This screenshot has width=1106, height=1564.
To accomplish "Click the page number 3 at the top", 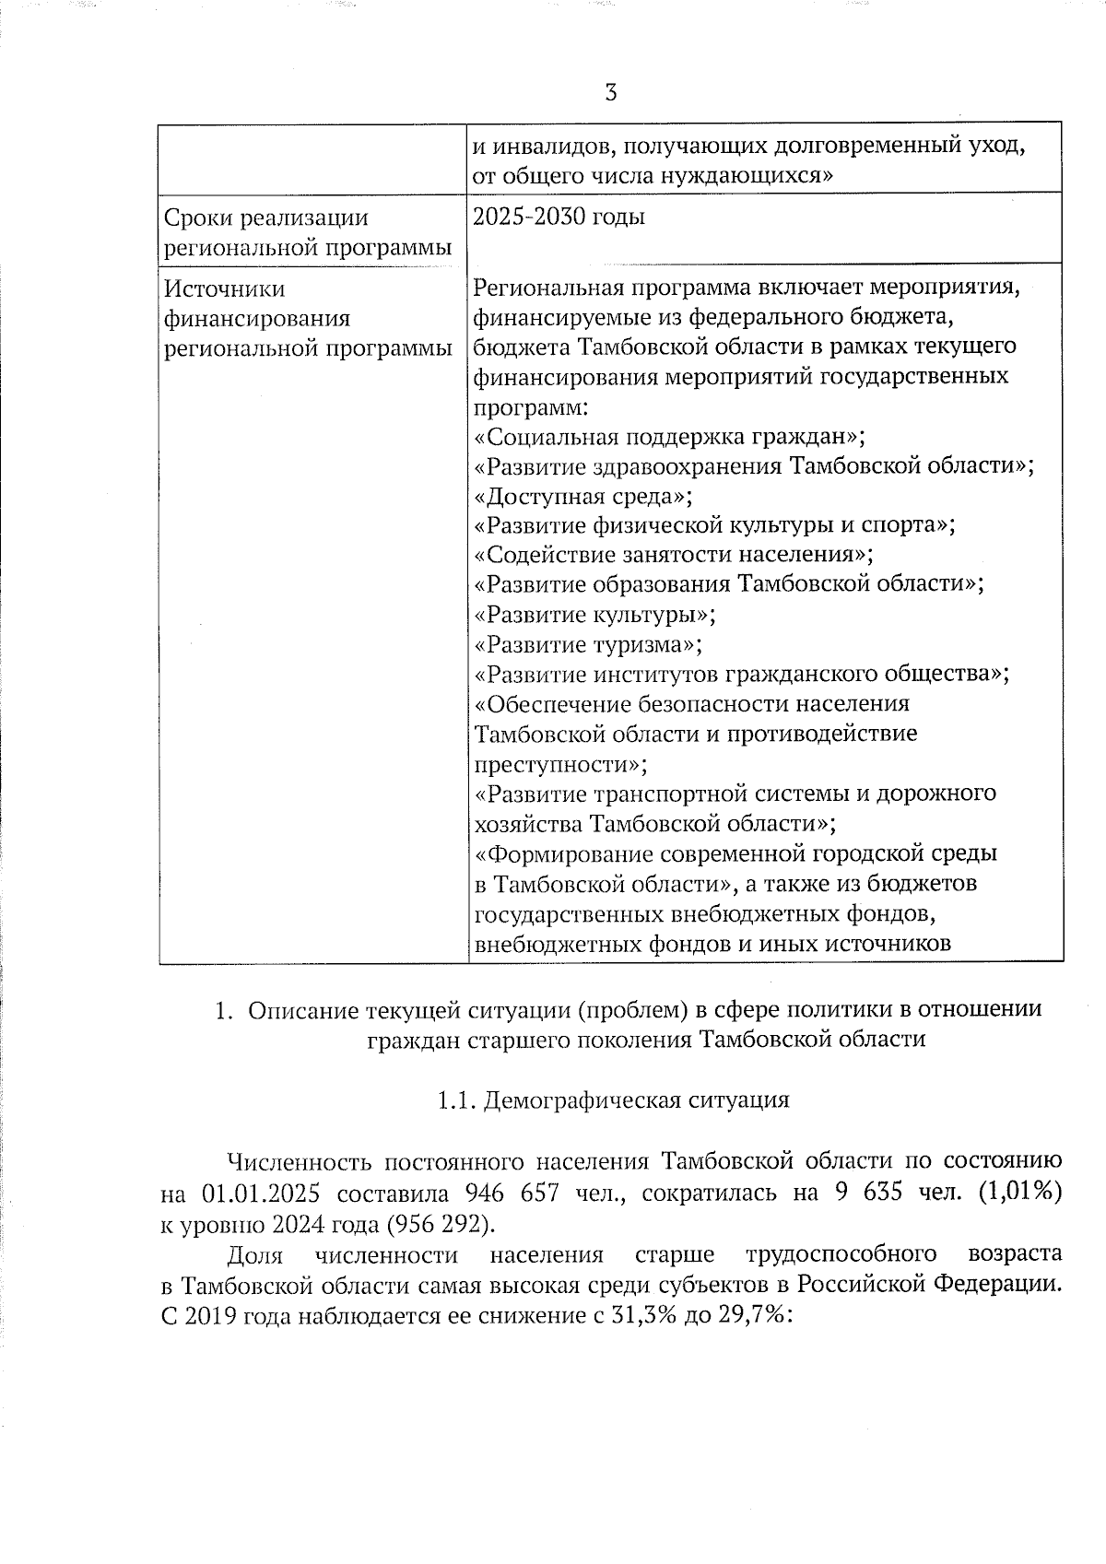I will click(x=610, y=92).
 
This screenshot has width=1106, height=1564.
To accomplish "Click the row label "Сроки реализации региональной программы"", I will click(x=308, y=232).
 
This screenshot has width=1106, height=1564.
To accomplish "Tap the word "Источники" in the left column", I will click(x=225, y=289).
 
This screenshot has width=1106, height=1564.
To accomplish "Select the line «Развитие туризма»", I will click(x=589, y=644).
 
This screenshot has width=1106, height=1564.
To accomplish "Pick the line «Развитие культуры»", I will click(x=594, y=615).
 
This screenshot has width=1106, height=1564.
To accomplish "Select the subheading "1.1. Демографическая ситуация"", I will click(x=613, y=1100).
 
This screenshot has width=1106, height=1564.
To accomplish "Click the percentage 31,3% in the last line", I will click(x=637, y=1315).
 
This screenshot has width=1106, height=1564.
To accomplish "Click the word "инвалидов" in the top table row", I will click(x=543, y=147).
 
